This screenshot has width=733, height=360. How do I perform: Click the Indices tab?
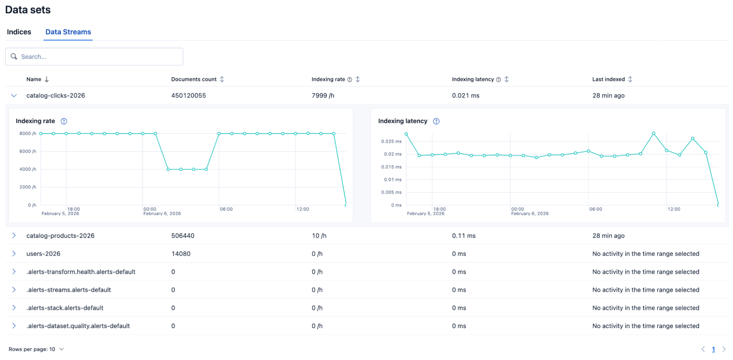[19, 32]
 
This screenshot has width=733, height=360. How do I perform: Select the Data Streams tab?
[68, 32]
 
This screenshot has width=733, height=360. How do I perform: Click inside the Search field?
[99, 56]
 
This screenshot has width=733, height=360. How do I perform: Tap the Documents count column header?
[194, 79]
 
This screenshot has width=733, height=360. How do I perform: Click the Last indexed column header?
[608, 79]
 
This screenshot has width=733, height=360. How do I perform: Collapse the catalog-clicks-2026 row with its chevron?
[14, 96]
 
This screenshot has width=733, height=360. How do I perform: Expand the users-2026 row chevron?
[14, 254]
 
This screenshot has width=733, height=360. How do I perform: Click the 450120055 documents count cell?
[188, 96]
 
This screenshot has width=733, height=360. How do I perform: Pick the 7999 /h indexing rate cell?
[323, 96]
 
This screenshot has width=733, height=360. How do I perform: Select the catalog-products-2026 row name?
[61, 236]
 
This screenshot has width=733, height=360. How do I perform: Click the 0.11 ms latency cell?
[463, 236]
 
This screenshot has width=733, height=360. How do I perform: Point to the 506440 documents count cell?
[183, 236]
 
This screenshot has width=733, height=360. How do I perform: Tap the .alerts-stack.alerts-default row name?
[65, 308]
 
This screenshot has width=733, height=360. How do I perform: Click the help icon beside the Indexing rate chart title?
[64, 121]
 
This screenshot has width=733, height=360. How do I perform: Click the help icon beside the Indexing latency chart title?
[436, 121]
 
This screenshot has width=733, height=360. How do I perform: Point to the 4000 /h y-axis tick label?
[28, 169]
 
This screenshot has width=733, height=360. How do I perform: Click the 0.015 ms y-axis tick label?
[391, 167]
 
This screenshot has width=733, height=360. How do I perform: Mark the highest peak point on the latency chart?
[653, 133]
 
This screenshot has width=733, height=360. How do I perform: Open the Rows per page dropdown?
[36, 349]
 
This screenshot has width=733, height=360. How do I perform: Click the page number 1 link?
[713, 349]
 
